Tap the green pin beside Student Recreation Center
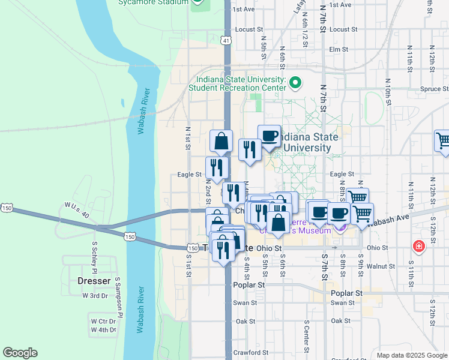tap(295, 82)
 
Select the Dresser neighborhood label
tap(94, 281)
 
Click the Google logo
tap(20, 353)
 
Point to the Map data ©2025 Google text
tap(411, 355)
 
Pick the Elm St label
tap(339, 49)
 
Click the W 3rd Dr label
tap(95, 295)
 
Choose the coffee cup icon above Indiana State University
tap(269, 136)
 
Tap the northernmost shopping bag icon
tap(221, 142)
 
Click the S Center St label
tap(306, 337)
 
